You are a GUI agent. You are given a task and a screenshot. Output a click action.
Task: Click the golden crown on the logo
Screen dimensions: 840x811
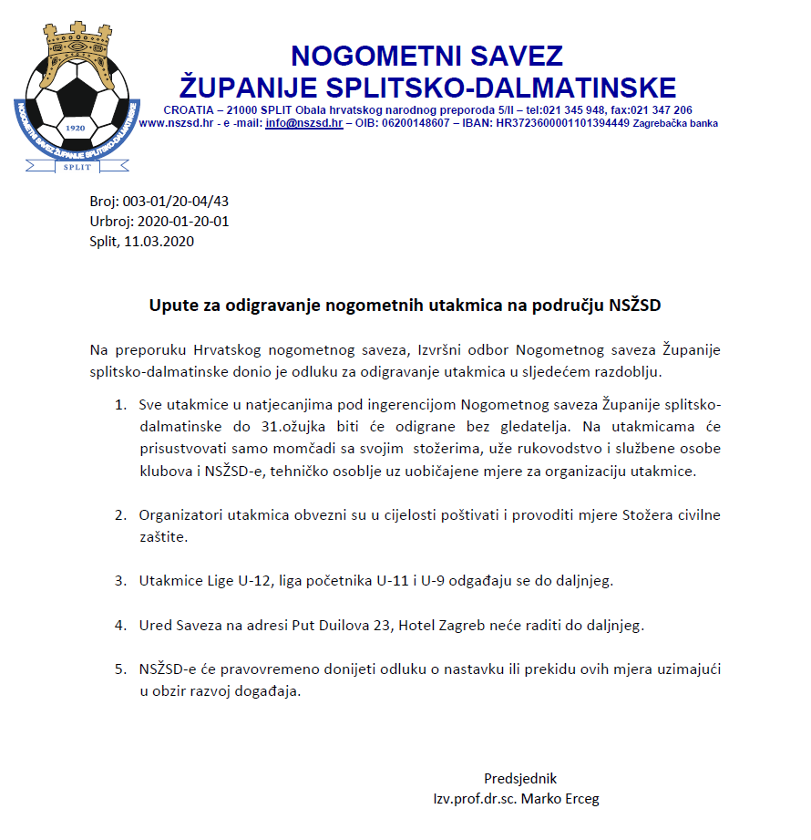click(78, 49)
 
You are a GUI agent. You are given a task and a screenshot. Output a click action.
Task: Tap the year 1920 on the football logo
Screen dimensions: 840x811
click(76, 129)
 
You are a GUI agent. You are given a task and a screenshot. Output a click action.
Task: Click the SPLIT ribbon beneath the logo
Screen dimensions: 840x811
click(77, 166)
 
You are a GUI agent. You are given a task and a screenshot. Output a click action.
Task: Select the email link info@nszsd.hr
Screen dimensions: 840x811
click(304, 123)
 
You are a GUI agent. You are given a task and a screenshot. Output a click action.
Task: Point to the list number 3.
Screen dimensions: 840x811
click(119, 580)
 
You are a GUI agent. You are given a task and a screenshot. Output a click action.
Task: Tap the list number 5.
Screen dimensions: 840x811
click(119, 669)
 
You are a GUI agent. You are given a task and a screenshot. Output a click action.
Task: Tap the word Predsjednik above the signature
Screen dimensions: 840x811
click(519, 779)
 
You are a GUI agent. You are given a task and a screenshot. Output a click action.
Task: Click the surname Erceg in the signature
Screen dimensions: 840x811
click(580, 799)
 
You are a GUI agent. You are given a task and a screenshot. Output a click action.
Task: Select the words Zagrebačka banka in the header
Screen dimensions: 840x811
click(675, 123)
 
